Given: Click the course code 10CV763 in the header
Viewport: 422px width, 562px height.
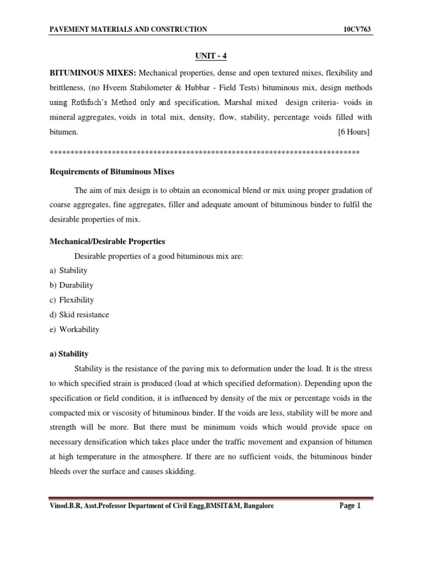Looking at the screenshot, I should coord(358,29).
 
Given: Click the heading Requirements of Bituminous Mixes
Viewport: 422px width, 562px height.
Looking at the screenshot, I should coord(112,172).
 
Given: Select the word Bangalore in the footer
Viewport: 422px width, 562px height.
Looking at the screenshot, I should coord(256,507).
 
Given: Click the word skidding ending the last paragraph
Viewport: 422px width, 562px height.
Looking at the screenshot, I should coord(179,471).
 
